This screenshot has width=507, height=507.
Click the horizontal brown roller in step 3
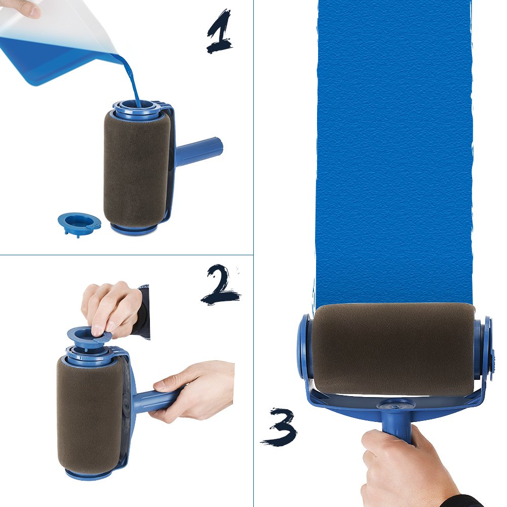coord(393,349)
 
